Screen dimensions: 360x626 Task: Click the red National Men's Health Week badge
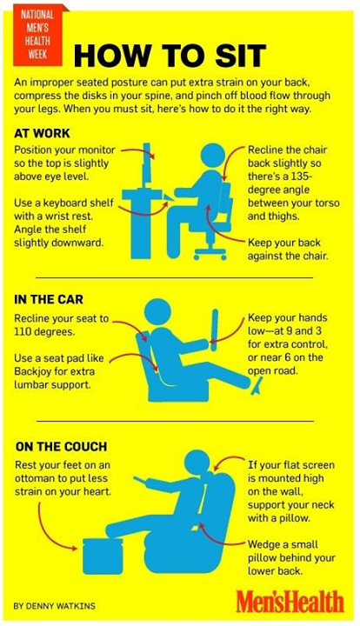coord(38,35)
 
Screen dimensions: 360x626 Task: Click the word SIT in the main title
coord(241,56)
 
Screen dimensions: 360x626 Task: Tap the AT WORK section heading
coord(42,133)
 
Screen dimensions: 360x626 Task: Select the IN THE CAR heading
coord(49,299)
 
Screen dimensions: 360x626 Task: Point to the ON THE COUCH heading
coord(61,446)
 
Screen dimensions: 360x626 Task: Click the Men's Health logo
coord(290,602)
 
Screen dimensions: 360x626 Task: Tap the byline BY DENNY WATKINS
coord(54,606)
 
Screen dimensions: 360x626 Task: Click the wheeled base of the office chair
coord(210,252)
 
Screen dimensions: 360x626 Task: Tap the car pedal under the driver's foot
coord(257,387)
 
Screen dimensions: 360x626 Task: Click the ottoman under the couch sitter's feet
coord(103,556)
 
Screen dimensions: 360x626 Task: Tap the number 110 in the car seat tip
coord(23,332)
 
